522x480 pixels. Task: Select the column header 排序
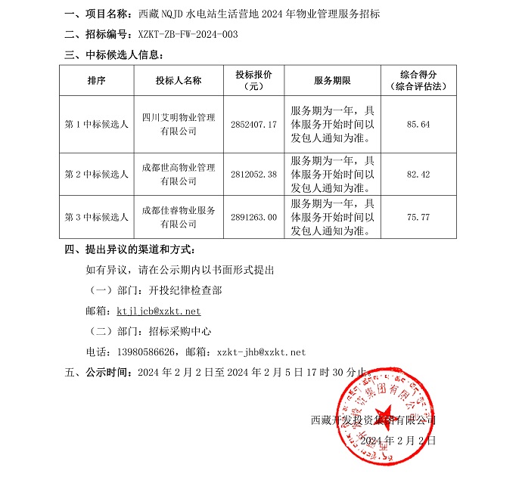(x=96, y=80)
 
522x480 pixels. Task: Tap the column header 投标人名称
(x=179, y=80)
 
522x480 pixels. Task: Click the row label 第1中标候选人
(x=96, y=123)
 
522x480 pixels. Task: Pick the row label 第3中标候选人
(x=96, y=217)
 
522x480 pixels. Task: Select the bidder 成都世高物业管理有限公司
(x=179, y=175)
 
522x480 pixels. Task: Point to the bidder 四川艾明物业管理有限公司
(x=179, y=123)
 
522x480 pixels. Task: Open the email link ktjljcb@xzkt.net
(x=159, y=311)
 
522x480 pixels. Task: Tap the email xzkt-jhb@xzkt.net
(x=261, y=351)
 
